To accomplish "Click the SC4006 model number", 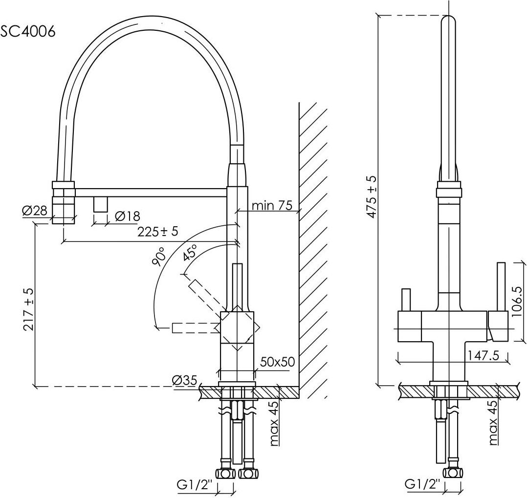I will (28, 32).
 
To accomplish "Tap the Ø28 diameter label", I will (34, 211).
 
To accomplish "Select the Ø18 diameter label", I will (127, 216).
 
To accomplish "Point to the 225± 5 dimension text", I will (157, 232).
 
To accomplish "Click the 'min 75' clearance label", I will (272, 205).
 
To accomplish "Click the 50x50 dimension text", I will (277, 362).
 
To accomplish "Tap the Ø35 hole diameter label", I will (184, 380).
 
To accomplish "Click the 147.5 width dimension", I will (482, 355).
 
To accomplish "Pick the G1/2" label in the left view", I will (195, 486).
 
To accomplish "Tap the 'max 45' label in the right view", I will (493, 422).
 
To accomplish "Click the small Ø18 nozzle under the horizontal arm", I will (100, 204).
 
